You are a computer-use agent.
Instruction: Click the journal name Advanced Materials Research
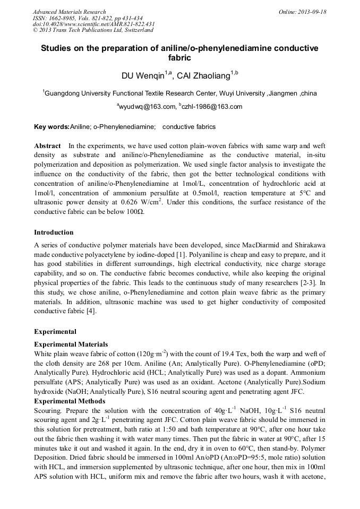69,12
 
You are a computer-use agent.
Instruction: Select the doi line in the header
93,24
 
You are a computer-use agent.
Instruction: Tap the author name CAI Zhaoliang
203,75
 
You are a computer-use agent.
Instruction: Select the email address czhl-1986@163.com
212,107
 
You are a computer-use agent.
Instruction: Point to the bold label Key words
52,127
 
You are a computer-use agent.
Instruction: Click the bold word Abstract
47,145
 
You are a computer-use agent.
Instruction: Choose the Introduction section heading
54,232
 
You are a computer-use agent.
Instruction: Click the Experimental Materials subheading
71,344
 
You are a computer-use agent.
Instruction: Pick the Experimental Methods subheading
70,401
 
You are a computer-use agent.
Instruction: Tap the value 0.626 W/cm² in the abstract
140,202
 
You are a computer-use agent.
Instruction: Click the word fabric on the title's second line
179,58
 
